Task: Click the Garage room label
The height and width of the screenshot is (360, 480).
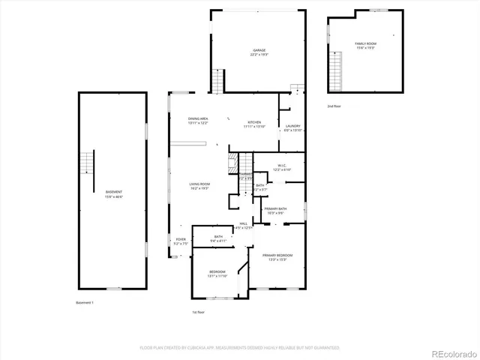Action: (259, 52)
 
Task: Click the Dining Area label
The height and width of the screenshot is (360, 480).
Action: (198, 121)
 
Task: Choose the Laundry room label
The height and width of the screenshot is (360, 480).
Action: (293, 128)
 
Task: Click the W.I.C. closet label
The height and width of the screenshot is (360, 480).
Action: (281, 167)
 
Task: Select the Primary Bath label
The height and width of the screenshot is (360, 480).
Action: (275, 211)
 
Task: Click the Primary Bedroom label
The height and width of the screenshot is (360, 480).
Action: (277, 257)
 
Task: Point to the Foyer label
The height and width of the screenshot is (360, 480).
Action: (181, 241)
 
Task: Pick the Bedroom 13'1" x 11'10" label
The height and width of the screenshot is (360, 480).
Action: (217, 273)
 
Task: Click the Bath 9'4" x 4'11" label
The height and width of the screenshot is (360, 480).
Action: (218, 238)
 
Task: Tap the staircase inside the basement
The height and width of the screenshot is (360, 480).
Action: (88, 162)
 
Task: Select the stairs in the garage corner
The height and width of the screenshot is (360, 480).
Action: (219, 79)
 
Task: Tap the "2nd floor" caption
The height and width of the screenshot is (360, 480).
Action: (334, 106)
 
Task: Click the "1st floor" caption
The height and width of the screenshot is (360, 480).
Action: (198, 312)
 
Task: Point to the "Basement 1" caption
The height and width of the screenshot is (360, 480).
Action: (85, 302)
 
